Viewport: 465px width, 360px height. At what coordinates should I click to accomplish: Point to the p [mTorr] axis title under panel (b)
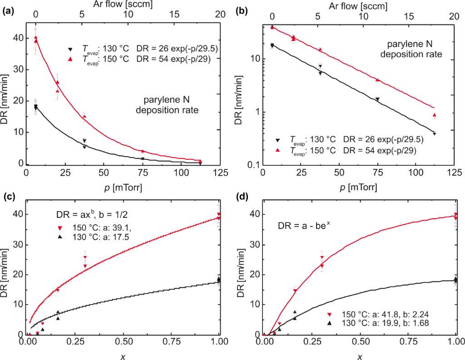click(x=359, y=187)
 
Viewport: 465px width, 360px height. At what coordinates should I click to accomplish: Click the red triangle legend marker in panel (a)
click(x=70, y=59)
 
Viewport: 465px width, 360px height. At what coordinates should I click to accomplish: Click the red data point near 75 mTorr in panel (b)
click(x=377, y=80)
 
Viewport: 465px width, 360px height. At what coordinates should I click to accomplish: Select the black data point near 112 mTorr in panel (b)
click(x=435, y=133)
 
